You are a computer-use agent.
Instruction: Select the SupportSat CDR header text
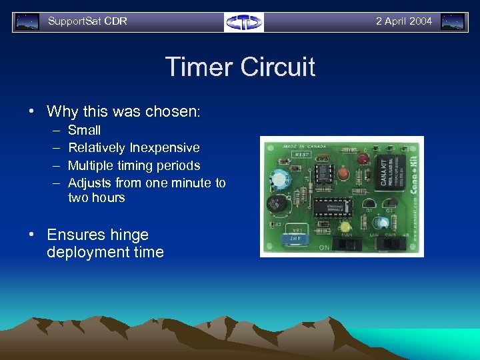coord(87,21)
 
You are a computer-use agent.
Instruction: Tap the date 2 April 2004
coord(403,21)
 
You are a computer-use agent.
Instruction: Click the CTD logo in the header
coord(243,22)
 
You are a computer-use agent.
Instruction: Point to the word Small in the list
coord(85,130)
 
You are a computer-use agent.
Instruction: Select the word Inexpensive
coord(165,147)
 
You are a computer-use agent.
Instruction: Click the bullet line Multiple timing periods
coord(134,165)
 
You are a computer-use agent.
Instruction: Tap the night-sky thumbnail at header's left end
coord(27,21)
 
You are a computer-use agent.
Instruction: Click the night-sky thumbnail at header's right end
coord(453,21)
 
